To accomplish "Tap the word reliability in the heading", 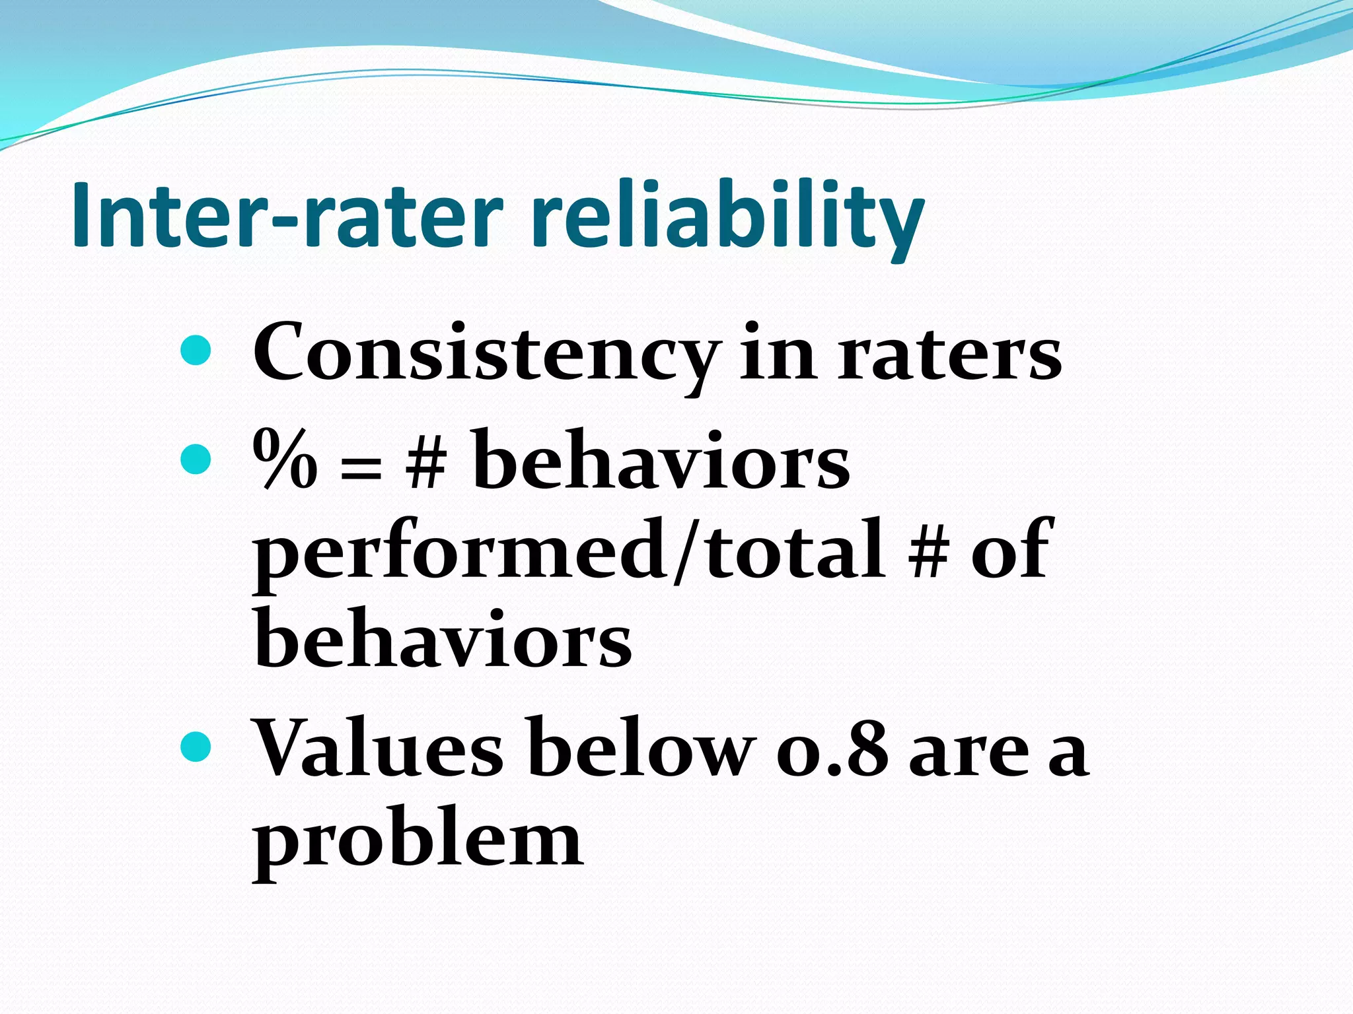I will pos(727,218).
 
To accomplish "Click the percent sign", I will pos(284,459).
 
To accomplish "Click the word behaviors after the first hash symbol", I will pos(661,459).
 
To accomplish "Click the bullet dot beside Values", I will pos(196,746).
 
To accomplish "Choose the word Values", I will pos(378,749).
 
